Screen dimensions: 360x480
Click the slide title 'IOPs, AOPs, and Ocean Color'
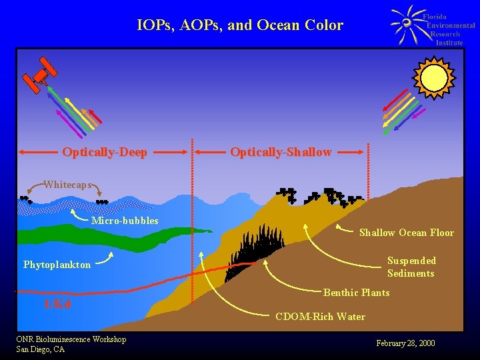click(x=240, y=26)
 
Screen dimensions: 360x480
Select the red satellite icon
click(x=40, y=73)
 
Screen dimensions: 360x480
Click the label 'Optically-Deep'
click(x=105, y=152)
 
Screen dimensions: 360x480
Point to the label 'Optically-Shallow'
click(x=281, y=152)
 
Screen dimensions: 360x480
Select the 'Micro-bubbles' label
click(x=125, y=221)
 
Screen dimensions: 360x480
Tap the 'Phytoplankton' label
click(x=57, y=265)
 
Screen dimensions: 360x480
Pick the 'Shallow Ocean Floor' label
click(x=406, y=233)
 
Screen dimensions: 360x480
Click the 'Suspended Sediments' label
click(x=411, y=267)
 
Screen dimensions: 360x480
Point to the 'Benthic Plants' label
click(x=356, y=293)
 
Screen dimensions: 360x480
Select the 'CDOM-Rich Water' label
click(x=320, y=317)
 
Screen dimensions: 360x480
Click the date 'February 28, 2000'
click(x=405, y=343)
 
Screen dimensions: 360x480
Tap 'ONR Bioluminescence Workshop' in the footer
click(x=71, y=339)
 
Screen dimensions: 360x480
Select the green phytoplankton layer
click(x=100, y=237)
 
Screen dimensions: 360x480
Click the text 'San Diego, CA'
click(x=40, y=349)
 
